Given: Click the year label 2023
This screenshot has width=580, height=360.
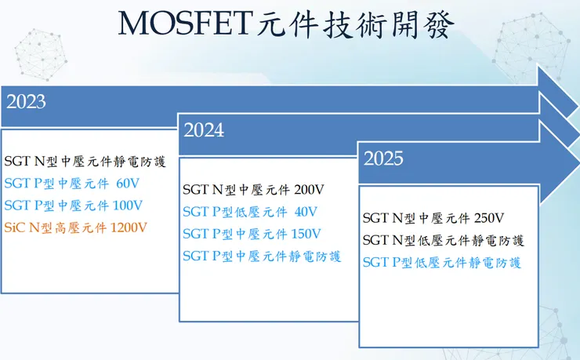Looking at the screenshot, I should (x=26, y=102).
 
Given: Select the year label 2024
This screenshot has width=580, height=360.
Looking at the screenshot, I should (x=204, y=130).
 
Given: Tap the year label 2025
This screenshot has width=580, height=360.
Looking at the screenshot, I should (x=383, y=159).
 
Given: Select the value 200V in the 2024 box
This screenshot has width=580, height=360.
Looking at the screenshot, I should (x=309, y=190).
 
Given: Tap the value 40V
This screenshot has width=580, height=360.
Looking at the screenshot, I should (x=306, y=212).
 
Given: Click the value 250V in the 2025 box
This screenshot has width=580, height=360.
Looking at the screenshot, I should (x=488, y=218).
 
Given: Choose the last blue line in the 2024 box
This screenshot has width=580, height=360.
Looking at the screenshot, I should (x=262, y=256).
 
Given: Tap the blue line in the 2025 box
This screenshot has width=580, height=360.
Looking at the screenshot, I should (x=442, y=263).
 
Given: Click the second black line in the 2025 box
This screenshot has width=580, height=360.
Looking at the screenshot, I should (x=442, y=240).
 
